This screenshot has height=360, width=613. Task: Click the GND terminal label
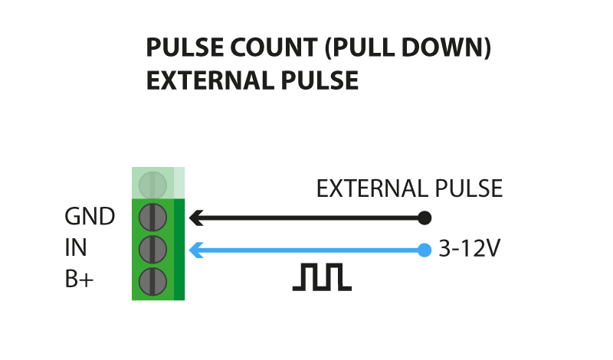click(90, 216)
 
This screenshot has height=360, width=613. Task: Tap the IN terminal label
click(75, 247)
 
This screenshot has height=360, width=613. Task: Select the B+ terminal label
click(79, 279)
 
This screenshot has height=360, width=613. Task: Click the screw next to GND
click(152, 218)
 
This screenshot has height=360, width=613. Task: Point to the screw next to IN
click(152, 250)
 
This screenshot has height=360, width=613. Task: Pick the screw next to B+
click(152, 281)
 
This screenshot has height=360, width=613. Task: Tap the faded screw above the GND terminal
click(152, 185)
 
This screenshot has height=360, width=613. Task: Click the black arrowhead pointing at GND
click(196, 218)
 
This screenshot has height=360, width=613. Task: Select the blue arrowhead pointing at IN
click(196, 250)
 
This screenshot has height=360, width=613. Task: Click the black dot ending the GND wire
click(425, 218)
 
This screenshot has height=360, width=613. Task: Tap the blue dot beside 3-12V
click(425, 250)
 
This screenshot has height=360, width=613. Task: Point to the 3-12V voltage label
click(469, 248)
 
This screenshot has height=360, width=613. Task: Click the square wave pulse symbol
click(322, 277)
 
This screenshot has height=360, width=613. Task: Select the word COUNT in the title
click(274, 47)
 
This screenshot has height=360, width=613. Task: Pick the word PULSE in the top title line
click(185, 47)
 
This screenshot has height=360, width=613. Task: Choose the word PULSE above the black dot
click(469, 188)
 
